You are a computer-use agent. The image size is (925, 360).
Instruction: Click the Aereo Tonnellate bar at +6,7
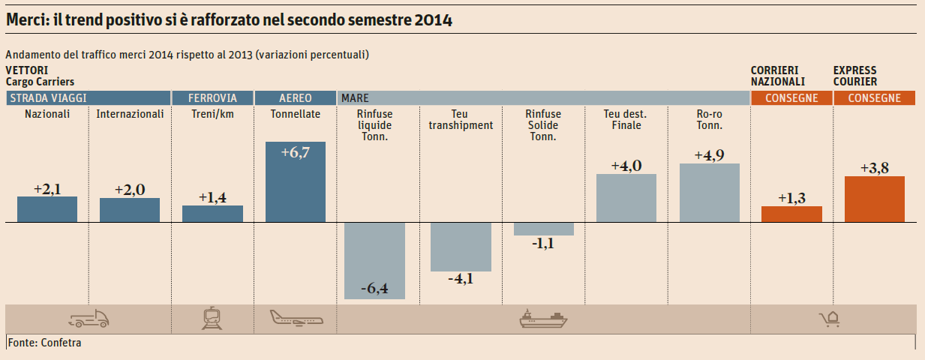pos(296,182)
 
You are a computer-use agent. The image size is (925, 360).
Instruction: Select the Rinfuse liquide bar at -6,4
pos(374,260)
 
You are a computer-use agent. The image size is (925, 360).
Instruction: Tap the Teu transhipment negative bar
pos(461,247)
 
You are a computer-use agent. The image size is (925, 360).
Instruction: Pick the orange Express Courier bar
pos(874,199)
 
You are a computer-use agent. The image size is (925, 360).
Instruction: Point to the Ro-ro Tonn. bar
pos(709,193)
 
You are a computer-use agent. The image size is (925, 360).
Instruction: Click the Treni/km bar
pos(212,214)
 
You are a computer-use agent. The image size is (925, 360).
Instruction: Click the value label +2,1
pos(47,189)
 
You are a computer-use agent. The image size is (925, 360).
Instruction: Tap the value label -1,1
pos(543,243)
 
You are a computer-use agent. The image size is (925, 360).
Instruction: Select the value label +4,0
pos(626,166)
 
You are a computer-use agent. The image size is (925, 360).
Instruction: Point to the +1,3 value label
pos(791,198)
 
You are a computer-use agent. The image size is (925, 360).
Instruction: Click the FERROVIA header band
pos(212,98)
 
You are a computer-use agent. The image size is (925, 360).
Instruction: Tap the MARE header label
pos(354,98)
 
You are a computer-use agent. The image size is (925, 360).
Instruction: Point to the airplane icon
pos(296,319)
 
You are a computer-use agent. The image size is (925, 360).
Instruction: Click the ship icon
pos(543,319)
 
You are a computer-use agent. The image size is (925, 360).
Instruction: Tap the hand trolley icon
pos(829,320)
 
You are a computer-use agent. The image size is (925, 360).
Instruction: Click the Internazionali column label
pos(130,115)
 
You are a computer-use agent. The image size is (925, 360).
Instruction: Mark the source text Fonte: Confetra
pos(45,343)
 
